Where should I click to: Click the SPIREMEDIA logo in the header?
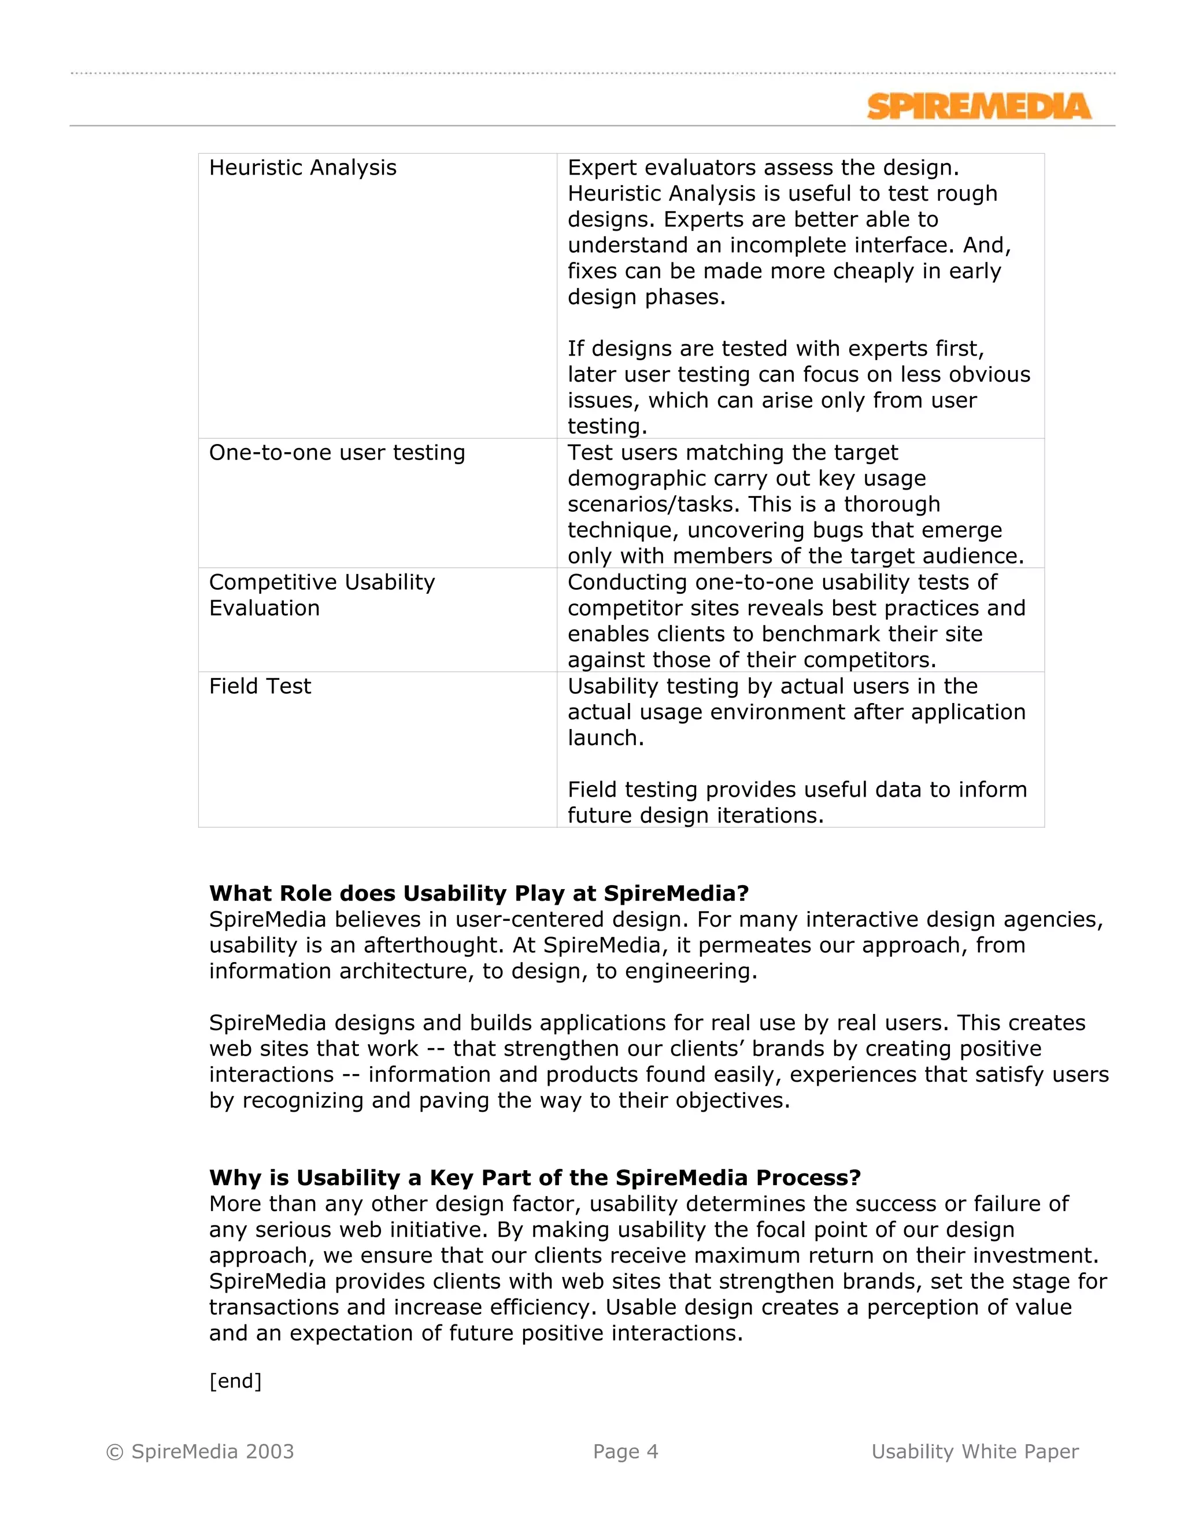tap(979, 106)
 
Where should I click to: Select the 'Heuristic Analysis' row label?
tap(302, 168)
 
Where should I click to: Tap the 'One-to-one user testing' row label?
tap(336, 453)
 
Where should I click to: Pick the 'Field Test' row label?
tap(260, 686)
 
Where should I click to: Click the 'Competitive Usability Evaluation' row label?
tap(321, 595)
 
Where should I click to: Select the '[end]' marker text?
tap(235, 1381)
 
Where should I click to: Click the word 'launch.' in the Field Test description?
tap(605, 738)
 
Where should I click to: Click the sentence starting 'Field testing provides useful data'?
tap(797, 790)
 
